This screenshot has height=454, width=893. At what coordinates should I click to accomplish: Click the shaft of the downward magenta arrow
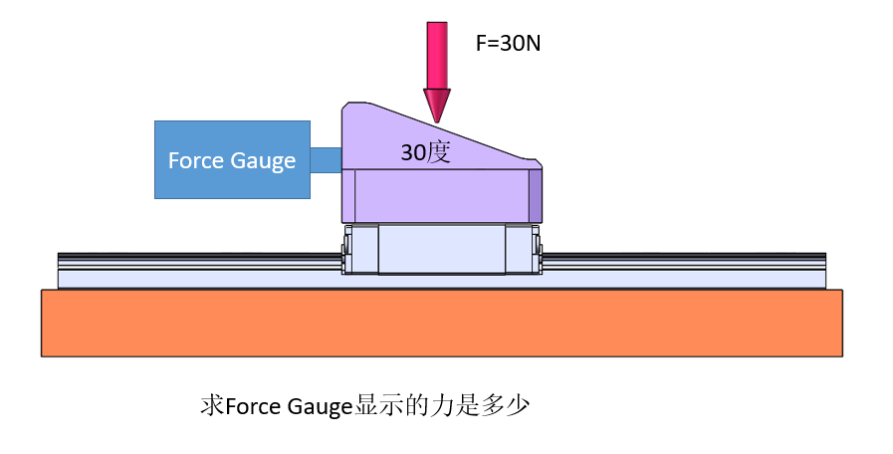pos(437,55)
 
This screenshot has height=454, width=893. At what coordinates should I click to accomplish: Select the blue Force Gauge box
pos(232,159)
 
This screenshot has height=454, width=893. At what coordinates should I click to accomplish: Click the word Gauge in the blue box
pos(264,160)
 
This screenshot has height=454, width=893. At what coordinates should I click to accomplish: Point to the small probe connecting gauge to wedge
pos(327,160)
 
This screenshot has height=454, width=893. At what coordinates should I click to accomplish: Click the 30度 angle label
pos(426,152)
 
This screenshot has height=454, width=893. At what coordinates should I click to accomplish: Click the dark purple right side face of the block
pos(536,195)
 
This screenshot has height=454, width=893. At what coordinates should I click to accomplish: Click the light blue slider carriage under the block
pos(441,249)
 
